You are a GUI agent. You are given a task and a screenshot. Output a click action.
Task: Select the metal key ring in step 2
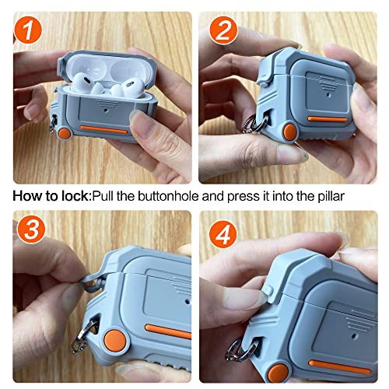(x=253, y=126)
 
